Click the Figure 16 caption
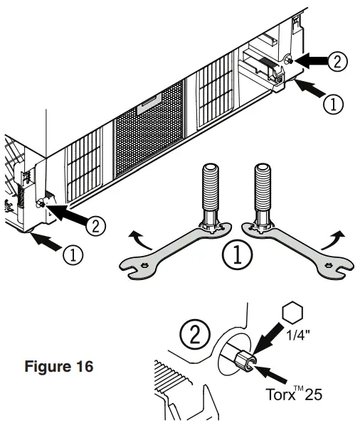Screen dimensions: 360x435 (x=58, y=367)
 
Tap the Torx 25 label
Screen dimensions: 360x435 (x=294, y=394)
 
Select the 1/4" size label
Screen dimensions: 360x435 (x=298, y=335)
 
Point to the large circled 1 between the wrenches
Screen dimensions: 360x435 (x=238, y=255)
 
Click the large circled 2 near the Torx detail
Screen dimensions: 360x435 (x=195, y=334)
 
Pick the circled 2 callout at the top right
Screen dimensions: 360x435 (x=337, y=62)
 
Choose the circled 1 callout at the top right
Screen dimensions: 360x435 (x=333, y=104)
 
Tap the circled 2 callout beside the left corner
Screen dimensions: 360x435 (x=95, y=226)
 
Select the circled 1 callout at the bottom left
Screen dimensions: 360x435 (x=73, y=255)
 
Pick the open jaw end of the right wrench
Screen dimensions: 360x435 (x=340, y=268)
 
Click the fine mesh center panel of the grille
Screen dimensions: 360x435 (x=149, y=128)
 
